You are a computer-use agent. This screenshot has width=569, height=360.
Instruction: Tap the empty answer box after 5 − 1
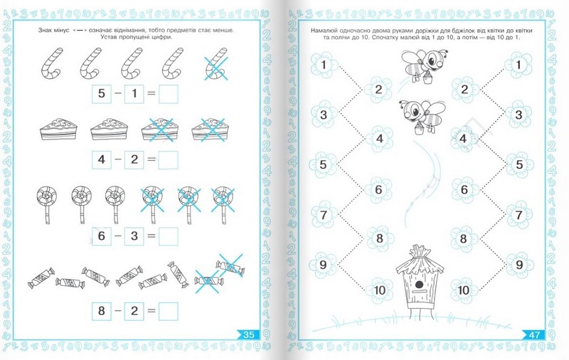[169, 94]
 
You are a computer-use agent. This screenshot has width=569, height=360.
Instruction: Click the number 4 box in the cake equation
[101, 159]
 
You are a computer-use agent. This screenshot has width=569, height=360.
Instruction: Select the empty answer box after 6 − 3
[169, 236]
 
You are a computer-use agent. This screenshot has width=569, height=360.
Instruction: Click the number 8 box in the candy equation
[101, 311]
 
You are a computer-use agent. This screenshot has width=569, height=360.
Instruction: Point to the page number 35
[249, 334]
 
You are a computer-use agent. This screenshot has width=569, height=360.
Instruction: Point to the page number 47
[535, 334]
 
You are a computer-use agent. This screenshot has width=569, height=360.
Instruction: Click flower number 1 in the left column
[324, 65]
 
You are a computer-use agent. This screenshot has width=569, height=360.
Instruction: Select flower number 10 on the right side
[464, 290]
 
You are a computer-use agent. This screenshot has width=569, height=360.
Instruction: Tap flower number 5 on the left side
[323, 165]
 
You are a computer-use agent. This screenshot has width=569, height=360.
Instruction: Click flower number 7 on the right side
[519, 215]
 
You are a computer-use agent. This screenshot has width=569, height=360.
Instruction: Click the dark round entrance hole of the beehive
[419, 284]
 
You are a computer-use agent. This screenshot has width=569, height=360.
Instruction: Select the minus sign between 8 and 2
[118, 311]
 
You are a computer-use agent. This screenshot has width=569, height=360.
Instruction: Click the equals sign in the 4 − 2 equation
[151, 159]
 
